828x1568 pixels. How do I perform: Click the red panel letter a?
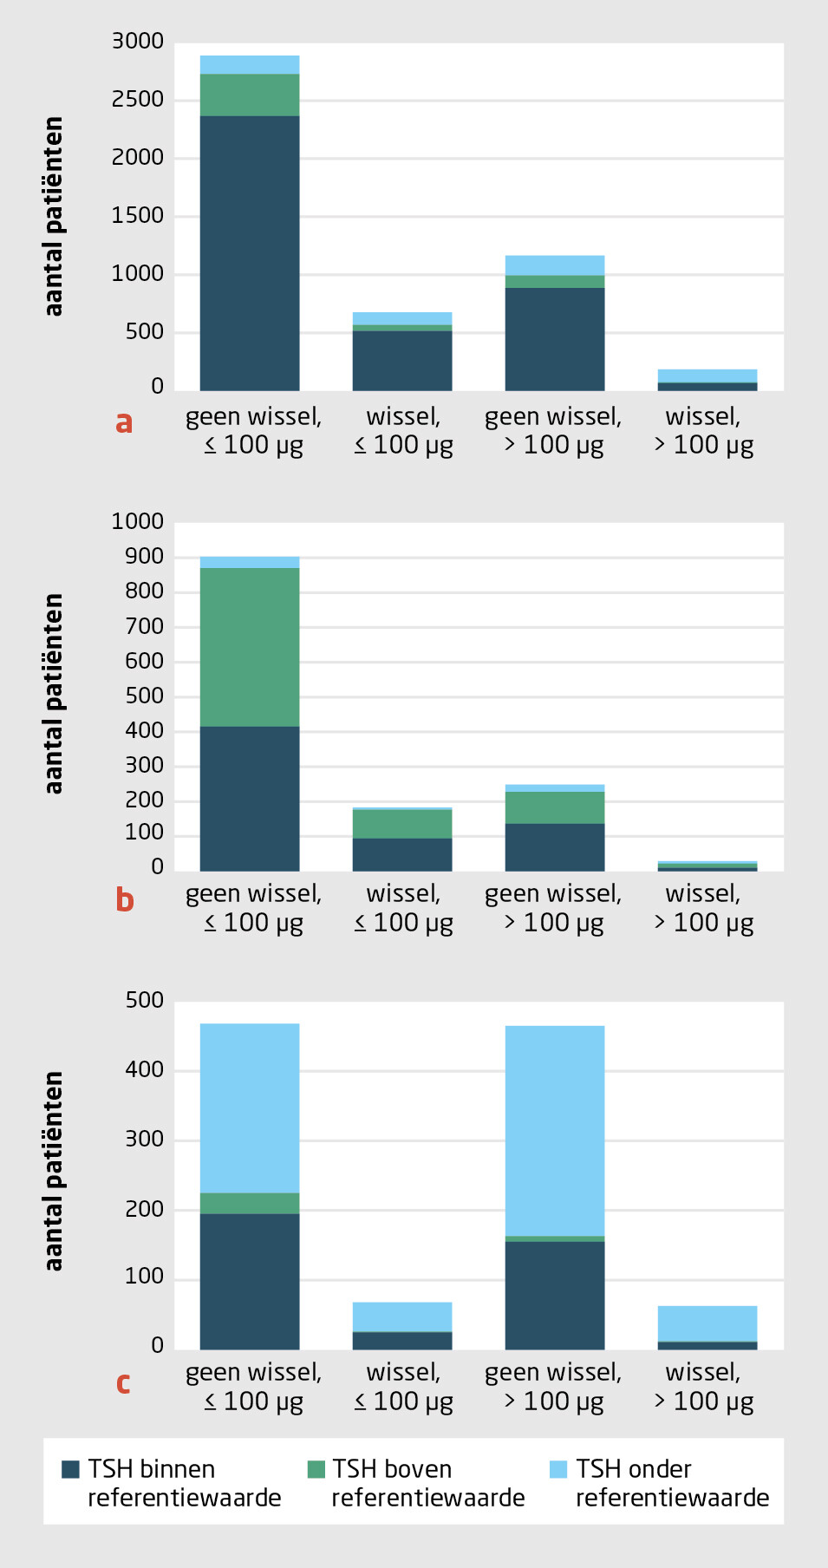click(124, 422)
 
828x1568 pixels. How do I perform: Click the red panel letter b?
click(125, 900)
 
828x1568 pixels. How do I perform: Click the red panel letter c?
click(123, 1382)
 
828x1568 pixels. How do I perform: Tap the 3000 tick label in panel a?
click(138, 42)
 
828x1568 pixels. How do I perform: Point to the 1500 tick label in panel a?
click(138, 216)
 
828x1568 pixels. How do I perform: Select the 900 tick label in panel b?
click(144, 557)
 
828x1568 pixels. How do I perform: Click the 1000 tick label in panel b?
click(138, 521)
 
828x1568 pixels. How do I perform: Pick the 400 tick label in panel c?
click(144, 1070)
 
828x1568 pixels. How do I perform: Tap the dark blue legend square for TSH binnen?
click(70, 1469)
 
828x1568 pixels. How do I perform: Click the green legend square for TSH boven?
click(316, 1469)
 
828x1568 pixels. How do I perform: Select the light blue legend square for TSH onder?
click(558, 1469)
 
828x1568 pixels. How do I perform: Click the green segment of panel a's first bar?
click(250, 95)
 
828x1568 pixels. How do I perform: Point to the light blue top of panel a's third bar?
click(555, 265)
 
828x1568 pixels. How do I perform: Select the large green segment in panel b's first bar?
click(250, 647)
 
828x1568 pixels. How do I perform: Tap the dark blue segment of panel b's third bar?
click(555, 847)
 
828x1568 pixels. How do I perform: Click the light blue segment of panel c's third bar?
click(555, 1131)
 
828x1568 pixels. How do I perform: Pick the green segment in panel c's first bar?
click(250, 1203)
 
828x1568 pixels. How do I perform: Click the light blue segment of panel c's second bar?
click(402, 1316)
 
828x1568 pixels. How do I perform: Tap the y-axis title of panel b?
click(54, 694)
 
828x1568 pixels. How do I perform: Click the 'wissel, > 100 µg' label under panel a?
click(703, 431)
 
